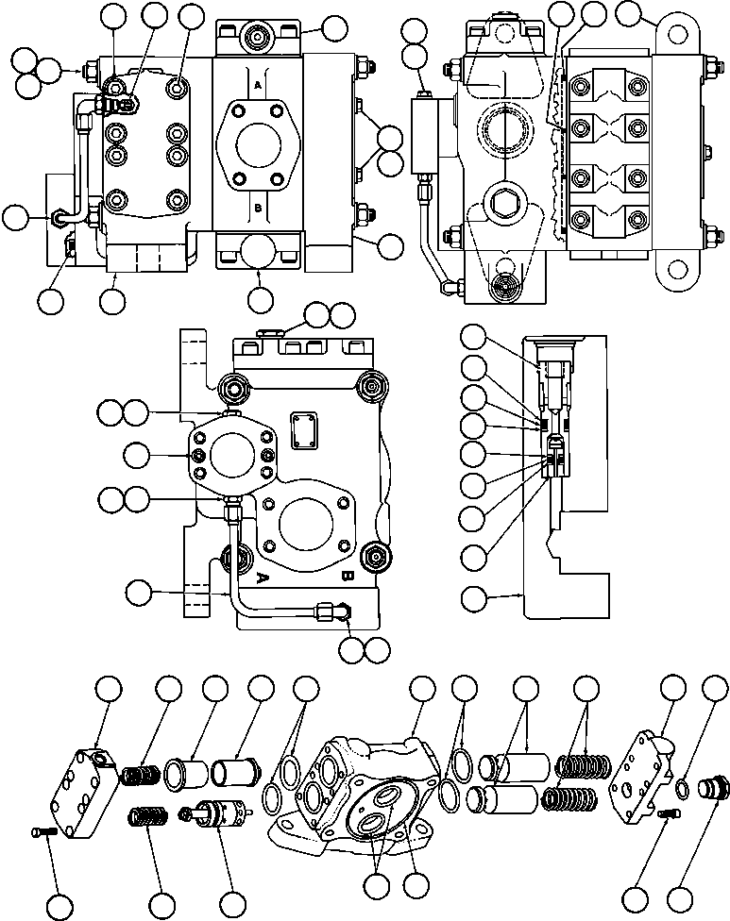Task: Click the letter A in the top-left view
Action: click(257, 85)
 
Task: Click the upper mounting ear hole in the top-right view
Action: click(676, 33)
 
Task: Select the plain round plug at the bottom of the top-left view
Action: click(260, 252)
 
